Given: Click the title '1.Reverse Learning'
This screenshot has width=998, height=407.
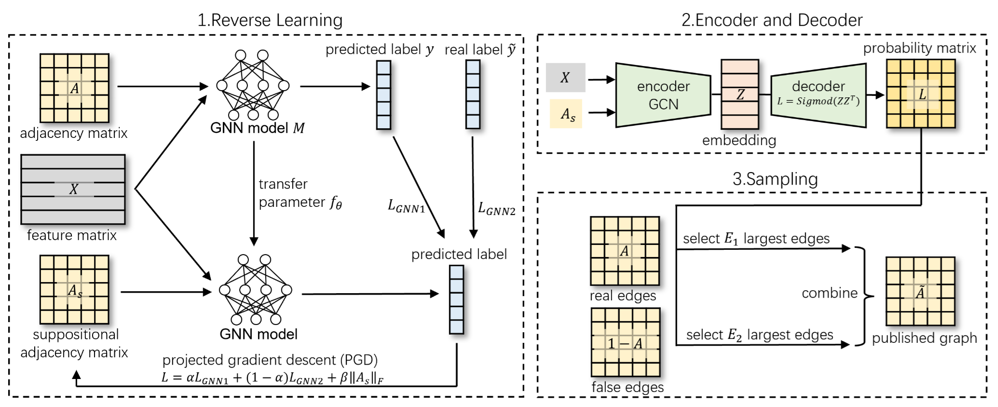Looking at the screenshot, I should click(x=270, y=20).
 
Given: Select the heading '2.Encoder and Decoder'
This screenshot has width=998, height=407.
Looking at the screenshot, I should click(x=772, y=20).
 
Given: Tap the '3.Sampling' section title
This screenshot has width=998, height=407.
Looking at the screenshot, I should click(x=775, y=179).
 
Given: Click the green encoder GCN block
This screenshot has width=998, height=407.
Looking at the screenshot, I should click(x=663, y=95).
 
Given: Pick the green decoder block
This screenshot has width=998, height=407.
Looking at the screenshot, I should click(x=818, y=95).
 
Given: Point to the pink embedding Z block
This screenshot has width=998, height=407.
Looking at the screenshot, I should click(x=739, y=95).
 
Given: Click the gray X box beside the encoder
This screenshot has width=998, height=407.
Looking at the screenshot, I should click(x=565, y=78).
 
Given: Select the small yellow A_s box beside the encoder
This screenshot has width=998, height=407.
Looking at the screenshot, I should click(x=566, y=114).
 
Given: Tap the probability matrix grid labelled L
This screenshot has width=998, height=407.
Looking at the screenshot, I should click(x=921, y=94).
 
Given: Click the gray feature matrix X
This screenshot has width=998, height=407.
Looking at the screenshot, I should click(x=73, y=189).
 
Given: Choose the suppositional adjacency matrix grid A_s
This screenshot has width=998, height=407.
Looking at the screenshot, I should click(x=74, y=290).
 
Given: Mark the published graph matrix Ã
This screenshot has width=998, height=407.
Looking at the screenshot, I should click(x=920, y=292).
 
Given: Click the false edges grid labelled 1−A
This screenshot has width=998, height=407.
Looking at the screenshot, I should click(x=625, y=343).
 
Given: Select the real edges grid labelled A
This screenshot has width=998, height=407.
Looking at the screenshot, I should click(x=625, y=251).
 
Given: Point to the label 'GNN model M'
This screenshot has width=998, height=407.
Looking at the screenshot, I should click(x=258, y=128).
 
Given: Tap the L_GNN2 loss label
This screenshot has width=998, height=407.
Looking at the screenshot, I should click(x=496, y=209).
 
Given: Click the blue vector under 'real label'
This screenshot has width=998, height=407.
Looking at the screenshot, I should click(x=473, y=95).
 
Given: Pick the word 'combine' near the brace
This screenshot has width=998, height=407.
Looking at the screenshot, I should click(x=829, y=293).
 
